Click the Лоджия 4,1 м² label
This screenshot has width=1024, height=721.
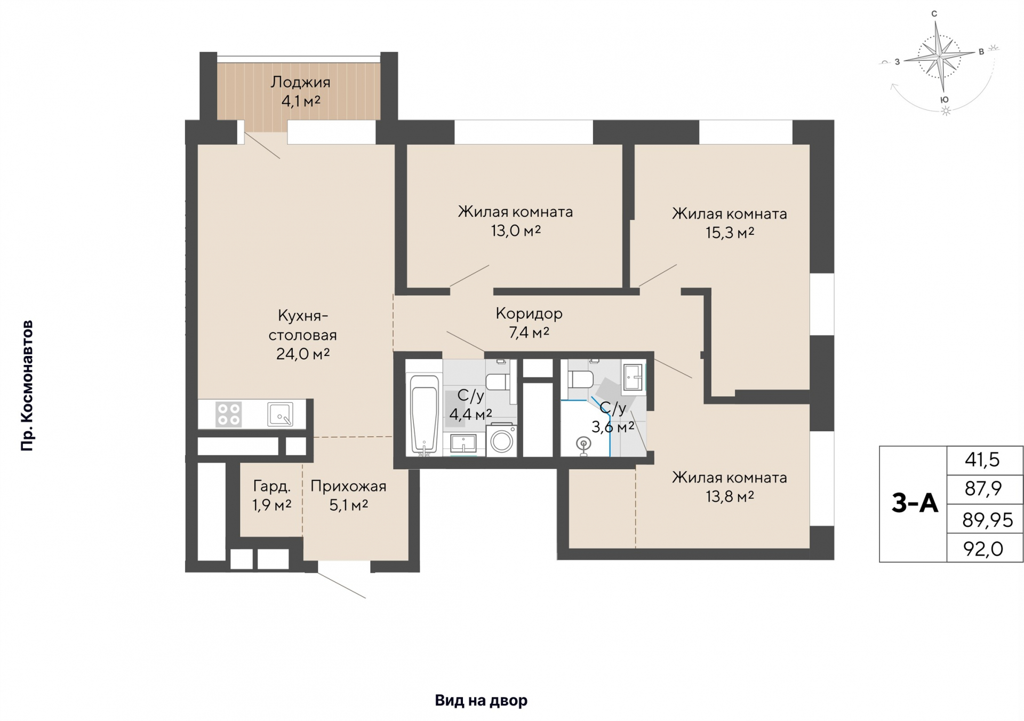pyautogui.click(x=300, y=91)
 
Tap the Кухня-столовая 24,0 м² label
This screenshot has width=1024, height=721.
pyautogui.click(x=302, y=335)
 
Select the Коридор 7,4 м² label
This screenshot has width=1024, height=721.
pyautogui.click(x=529, y=322)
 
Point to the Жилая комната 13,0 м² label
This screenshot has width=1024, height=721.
pyautogui.click(x=515, y=221)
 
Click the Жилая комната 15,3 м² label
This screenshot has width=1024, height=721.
pyautogui.click(x=730, y=223)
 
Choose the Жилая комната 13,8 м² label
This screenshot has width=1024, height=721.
pyautogui.click(x=730, y=487)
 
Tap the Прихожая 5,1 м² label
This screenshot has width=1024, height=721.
pyautogui.click(x=348, y=495)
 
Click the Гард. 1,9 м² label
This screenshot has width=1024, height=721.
pyautogui.click(x=272, y=495)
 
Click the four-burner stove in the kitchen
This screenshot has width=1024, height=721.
pyautogui.click(x=229, y=414)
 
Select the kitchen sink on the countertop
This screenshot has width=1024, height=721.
pyautogui.click(x=280, y=414)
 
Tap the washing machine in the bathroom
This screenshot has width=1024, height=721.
pyautogui.click(x=501, y=440)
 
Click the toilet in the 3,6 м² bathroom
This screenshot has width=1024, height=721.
pyautogui.click(x=580, y=379)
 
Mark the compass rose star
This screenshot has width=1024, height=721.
pyautogui.click(x=940, y=56)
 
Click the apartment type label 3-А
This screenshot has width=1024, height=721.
pyautogui.click(x=914, y=503)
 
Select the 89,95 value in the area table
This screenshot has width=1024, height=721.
pyautogui.click(x=987, y=520)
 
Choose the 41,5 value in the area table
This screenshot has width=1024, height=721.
pyautogui.click(x=982, y=459)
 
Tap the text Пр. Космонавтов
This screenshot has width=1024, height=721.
pyautogui.click(x=27, y=386)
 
